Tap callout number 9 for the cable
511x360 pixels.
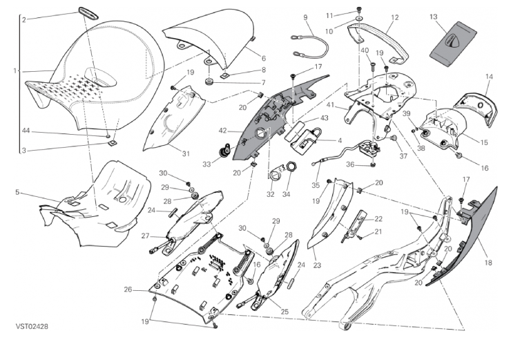click(x=305, y=16)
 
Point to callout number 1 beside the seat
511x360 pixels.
click(x=15, y=70)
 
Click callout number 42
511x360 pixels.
click(x=223, y=129)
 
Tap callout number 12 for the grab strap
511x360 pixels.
click(x=395, y=17)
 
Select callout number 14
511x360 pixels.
click(x=489, y=76)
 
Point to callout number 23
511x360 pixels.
click(x=318, y=263)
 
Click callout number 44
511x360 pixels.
click(x=23, y=131)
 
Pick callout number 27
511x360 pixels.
click(x=146, y=236)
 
